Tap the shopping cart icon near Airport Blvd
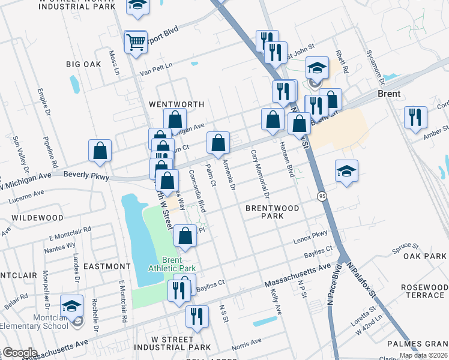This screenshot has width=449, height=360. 136,42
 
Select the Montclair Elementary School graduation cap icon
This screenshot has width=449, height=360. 72,307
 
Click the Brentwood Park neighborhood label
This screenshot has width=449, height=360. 272,212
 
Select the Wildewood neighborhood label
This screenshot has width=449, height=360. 37,217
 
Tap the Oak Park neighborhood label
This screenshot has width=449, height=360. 425,256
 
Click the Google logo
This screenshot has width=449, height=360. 19,353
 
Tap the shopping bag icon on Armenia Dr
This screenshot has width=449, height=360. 218,143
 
